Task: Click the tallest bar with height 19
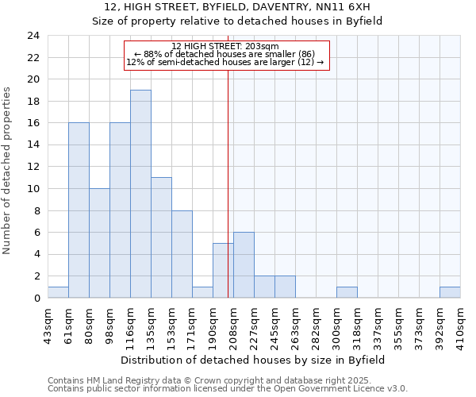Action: [x=140, y=194]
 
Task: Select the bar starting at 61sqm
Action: [x=79, y=210]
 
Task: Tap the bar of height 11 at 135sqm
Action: [x=161, y=237]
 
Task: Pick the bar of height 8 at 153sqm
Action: [x=182, y=254]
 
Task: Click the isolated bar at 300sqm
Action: [x=347, y=292]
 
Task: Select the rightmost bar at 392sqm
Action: [x=450, y=292]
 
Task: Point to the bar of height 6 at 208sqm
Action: [x=244, y=265]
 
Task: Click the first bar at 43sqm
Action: [x=58, y=292]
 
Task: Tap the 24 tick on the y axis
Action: [x=33, y=36]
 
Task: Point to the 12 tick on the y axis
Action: [x=33, y=167]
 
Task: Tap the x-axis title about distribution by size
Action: [x=254, y=360]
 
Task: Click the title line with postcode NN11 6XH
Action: [x=238, y=7]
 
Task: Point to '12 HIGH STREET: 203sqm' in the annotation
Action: [x=225, y=47]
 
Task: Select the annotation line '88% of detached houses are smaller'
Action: [x=225, y=54]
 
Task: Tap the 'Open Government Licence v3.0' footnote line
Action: [x=228, y=388]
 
